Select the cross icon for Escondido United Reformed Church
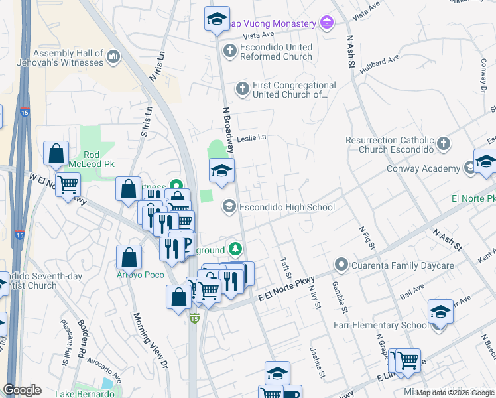click(229, 50)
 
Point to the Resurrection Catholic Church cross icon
click(444, 143)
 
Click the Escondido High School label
click(286, 207)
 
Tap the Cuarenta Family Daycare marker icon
click(341, 265)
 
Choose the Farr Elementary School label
click(387, 325)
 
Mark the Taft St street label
click(286, 269)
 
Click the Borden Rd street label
click(84, 340)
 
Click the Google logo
click(22, 389)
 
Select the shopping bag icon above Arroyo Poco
click(129, 257)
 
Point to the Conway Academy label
click(423, 168)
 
